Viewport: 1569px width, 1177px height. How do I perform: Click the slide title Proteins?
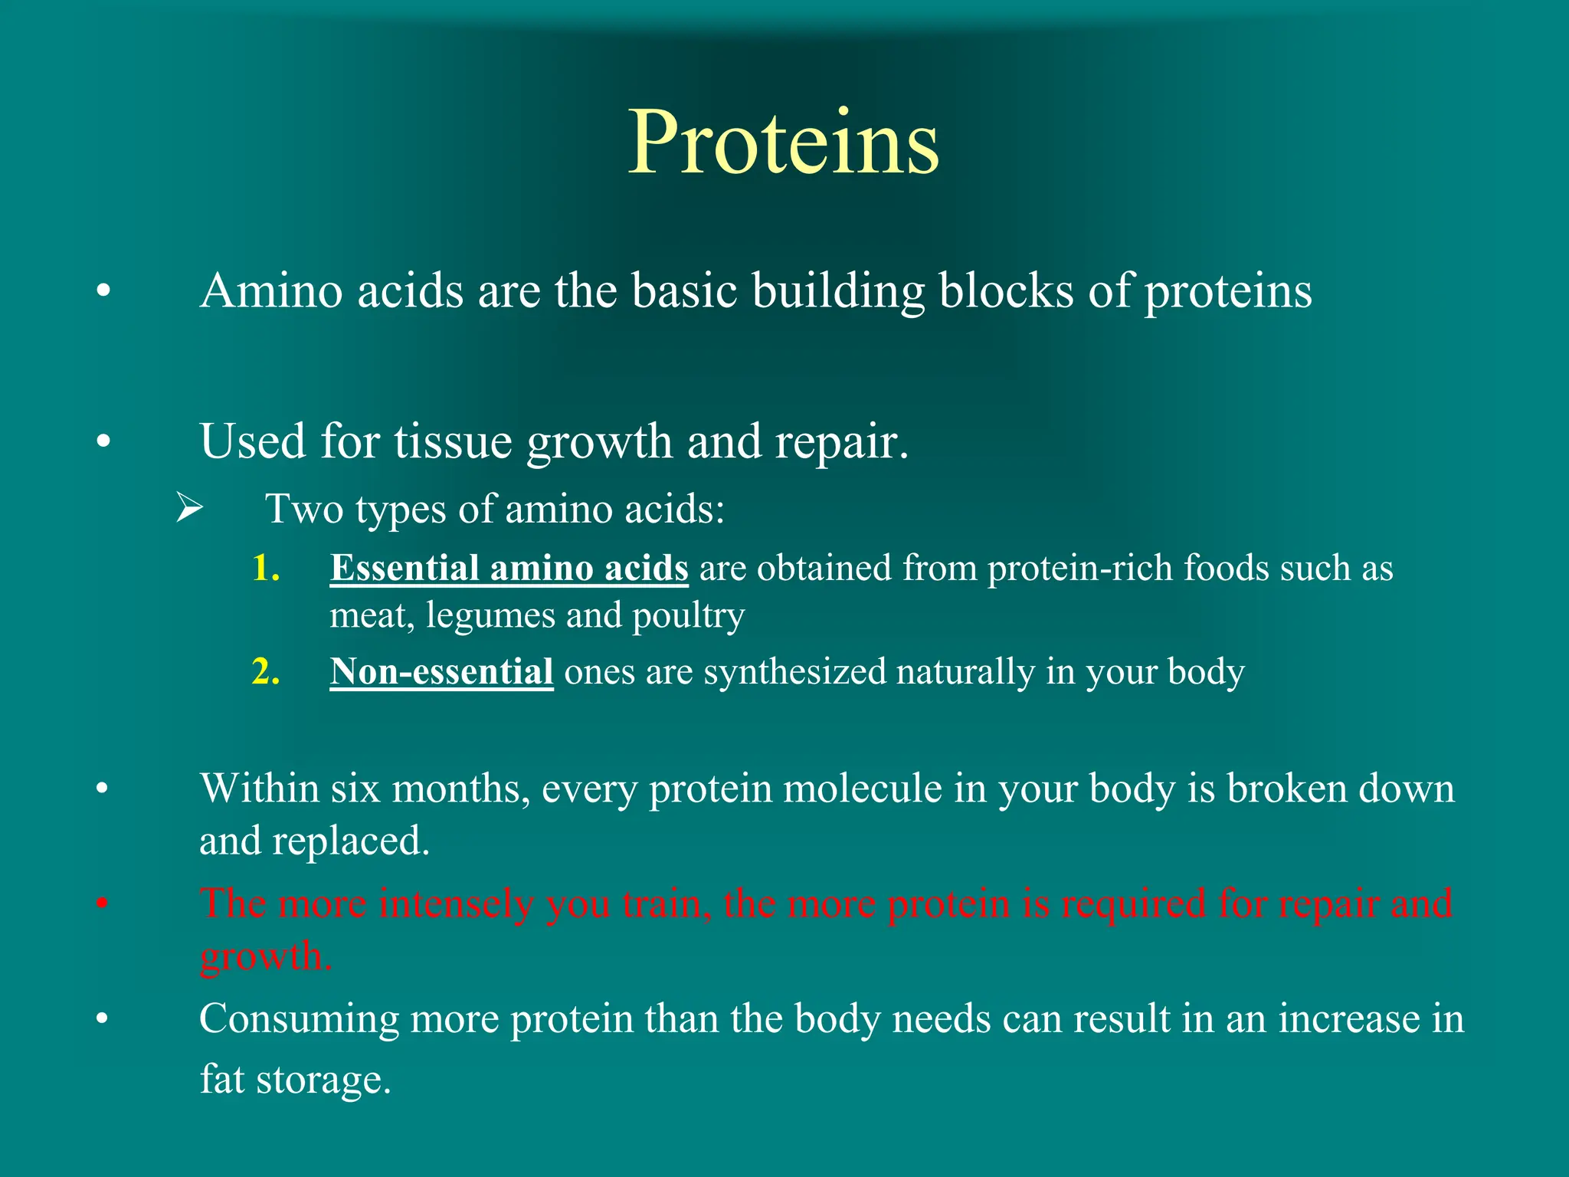783,143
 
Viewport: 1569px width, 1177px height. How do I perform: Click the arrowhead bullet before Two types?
188,508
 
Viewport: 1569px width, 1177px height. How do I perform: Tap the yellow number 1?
265,569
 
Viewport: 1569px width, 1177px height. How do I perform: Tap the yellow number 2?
265,672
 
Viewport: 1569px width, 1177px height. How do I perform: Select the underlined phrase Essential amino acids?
509,569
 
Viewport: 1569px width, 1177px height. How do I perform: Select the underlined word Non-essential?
441,672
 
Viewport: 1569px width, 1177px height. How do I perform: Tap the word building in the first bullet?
838,292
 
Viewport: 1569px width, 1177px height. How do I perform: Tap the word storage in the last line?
323,1079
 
